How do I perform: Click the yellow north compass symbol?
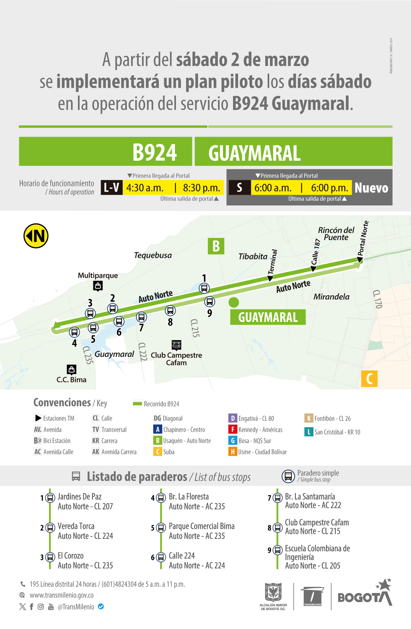pyautogui.click(x=36, y=236)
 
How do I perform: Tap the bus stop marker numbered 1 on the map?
pyautogui.click(x=204, y=288)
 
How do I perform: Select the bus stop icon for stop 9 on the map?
pyautogui.click(x=210, y=302)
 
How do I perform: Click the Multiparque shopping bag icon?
pyautogui.click(x=98, y=286)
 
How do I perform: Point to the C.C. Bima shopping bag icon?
pyautogui.click(x=71, y=369)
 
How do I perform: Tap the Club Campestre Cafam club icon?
pyautogui.click(x=176, y=345)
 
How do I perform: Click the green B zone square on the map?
pyautogui.click(x=216, y=246)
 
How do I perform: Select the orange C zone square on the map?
pyautogui.click(x=369, y=379)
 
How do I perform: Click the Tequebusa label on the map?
pyautogui.click(x=153, y=255)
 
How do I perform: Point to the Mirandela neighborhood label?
pyautogui.click(x=331, y=297)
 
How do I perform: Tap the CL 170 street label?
pyautogui.click(x=378, y=299)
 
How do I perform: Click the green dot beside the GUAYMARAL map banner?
pyautogui.click(x=234, y=302)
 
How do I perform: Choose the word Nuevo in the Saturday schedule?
pyautogui.click(x=371, y=188)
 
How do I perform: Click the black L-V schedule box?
pyautogui.click(x=111, y=187)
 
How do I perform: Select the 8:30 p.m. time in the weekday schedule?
pyautogui.click(x=201, y=188)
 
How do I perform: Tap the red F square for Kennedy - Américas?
pyautogui.click(x=232, y=430)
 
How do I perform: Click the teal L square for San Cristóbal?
pyautogui.click(x=308, y=432)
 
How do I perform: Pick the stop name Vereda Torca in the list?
pyautogui.click(x=76, y=526)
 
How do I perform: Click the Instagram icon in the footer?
pyautogui.click(x=41, y=607)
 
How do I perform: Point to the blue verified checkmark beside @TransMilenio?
pyautogui.click(x=101, y=606)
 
